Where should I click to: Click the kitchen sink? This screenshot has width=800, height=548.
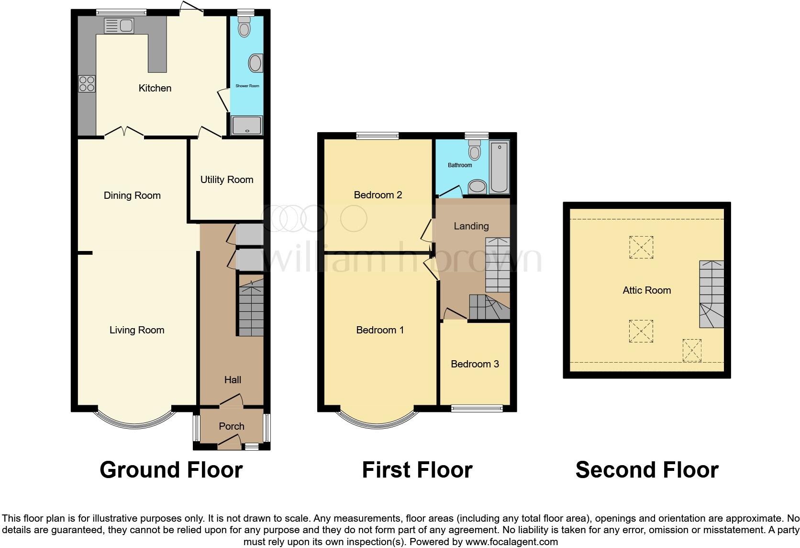tap(119, 25)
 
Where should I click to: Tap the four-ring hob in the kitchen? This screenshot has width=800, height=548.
tap(87, 84)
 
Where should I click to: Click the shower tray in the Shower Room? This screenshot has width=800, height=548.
tap(246, 126)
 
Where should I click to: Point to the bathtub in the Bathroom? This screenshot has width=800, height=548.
tap(499, 167)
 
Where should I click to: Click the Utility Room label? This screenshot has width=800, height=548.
tap(226, 180)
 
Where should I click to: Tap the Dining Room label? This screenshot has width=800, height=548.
tap(132, 195)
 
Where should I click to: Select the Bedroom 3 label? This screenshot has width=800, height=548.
tap(475, 364)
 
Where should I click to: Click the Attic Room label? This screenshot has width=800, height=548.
tap(646, 290)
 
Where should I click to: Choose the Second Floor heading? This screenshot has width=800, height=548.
tap(647, 470)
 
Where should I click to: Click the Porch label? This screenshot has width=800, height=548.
tap(232, 426)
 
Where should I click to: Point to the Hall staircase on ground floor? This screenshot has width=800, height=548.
tap(251, 307)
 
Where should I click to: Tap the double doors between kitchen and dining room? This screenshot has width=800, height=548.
tap(124, 132)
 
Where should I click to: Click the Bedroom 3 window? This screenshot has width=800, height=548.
tap(477, 409)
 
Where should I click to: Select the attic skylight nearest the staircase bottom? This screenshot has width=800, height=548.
tap(692, 350)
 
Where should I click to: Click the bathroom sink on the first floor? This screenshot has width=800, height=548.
tap(477, 186)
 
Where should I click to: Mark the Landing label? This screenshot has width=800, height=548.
tap(471, 226)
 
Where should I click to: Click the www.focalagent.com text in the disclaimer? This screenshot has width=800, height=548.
tap(511, 542)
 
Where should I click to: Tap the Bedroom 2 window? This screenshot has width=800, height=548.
tap(378, 136)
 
